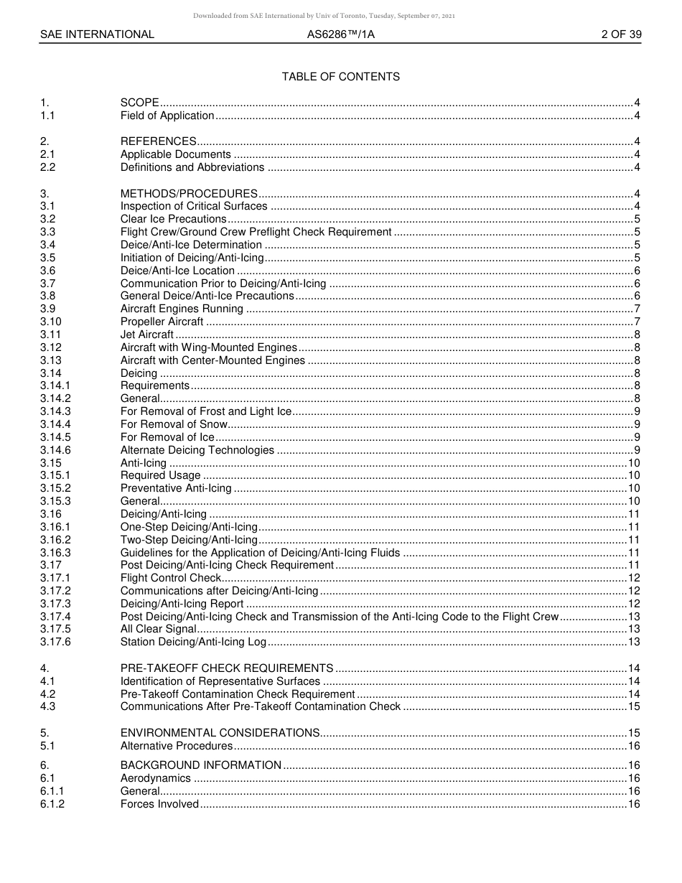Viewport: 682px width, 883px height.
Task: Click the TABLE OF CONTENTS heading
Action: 340,77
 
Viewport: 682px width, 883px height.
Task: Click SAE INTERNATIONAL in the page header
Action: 97,34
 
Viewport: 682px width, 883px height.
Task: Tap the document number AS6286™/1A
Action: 340,34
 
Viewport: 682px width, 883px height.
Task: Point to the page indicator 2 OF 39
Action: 621,34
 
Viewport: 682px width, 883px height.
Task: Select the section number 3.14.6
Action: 55,450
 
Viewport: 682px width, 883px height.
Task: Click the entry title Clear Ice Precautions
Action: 173,219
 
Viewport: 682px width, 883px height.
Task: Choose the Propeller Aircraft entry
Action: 162,322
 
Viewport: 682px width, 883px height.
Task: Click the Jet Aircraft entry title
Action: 146,335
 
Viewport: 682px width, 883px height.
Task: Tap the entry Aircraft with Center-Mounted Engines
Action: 212,360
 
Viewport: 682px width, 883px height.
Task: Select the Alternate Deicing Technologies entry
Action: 197,450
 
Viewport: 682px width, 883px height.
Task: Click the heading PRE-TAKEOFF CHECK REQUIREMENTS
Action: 227,668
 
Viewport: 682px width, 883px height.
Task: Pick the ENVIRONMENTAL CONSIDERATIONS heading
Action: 220,733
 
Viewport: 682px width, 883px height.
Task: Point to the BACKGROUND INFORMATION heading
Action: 200,765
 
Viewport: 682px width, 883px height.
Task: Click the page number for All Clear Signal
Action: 634,630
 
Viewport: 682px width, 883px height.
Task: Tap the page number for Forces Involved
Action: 634,804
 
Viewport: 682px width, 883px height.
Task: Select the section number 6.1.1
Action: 52,791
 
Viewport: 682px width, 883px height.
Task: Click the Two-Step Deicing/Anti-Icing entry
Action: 189,540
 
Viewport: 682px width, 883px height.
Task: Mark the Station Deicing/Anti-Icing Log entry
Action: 193,642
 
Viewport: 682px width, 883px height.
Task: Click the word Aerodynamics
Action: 156,778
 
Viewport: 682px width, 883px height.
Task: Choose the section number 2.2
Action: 47,167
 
